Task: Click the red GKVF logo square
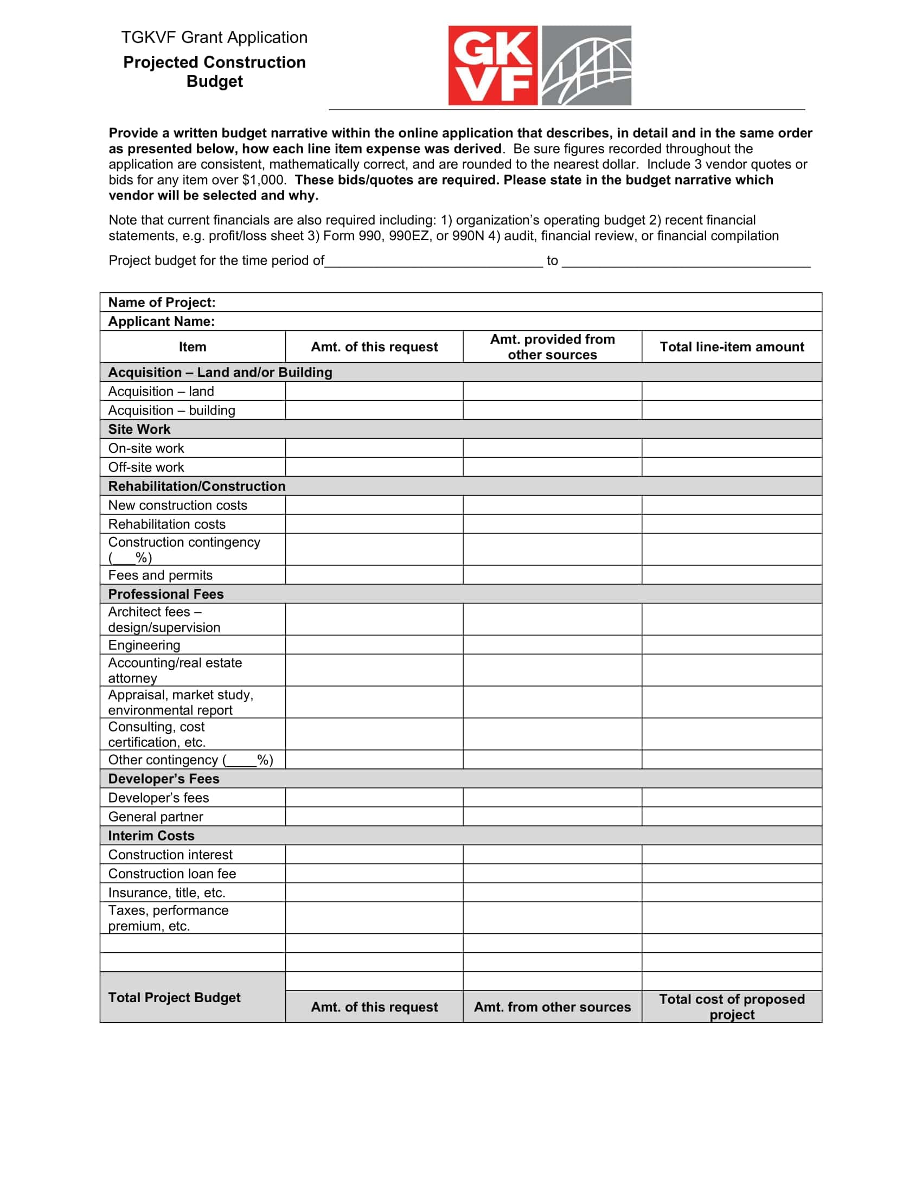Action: [x=492, y=65]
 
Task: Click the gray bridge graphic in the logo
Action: [x=586, y=65]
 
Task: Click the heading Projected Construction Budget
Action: [x=214, y=72]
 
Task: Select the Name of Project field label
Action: [x=162, y=302]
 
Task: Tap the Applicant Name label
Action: [x=161, y=321]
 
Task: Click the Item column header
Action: [x=193, y=347]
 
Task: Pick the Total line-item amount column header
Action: [x=732, y=347]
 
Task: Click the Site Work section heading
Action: [x=139, y=429]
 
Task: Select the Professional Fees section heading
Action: [x=165, y=594]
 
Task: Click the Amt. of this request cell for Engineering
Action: [x=374, y=645]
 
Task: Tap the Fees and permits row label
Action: [x=160, y=575]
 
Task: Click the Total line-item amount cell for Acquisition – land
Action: [x=732, y=391]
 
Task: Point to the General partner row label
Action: [x=156, y=817]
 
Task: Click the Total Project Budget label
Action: [x=174, y=997]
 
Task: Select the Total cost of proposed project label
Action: [x=732, y=1007]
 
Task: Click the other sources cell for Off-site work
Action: [x=552, y=467]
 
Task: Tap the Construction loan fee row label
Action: [x=172, y=874]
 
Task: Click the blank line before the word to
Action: [x=434, y=262]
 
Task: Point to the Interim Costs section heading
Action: [x=151, y=836]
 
